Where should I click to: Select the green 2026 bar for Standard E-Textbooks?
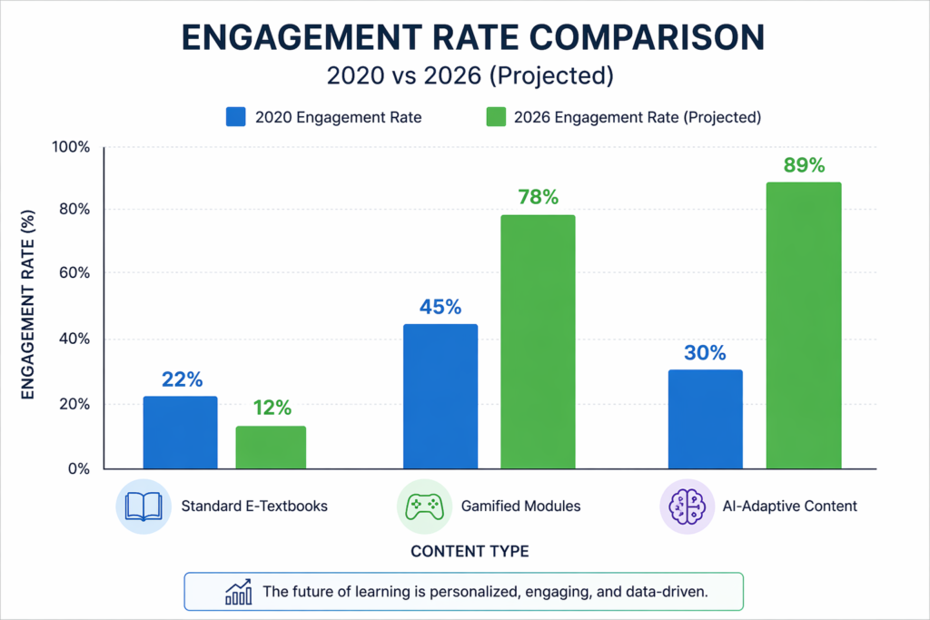(x=271, y=448)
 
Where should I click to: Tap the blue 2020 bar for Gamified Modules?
(x=440, y=397)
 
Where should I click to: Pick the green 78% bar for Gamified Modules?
(x=538, y=342)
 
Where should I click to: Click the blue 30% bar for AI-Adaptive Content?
(x=705, y=419)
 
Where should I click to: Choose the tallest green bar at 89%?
(x=804, y=326)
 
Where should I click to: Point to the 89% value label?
(x=803, y=165)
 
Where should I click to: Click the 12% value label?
(x=271, y=408)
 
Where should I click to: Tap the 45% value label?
(x=440, y=306)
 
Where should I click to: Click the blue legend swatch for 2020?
(x=235, y=116)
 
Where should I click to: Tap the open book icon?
(x=142, y=506)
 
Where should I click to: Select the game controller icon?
(x=423, y=506)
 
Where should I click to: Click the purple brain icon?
(x=685, y=506)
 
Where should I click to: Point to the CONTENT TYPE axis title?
(x=470, y=551)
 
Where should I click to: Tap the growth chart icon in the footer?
(x=238, y=591)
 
